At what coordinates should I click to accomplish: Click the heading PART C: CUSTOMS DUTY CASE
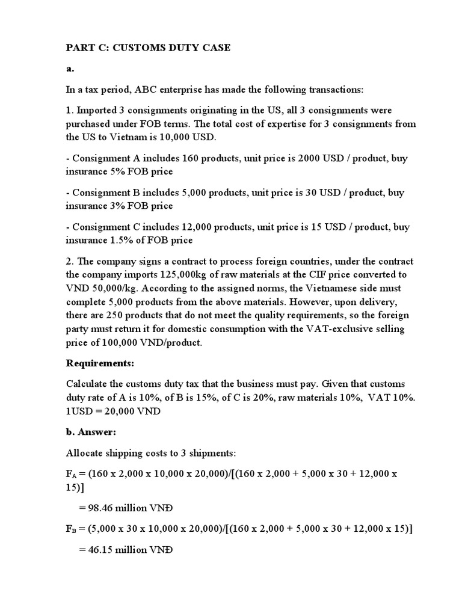148,48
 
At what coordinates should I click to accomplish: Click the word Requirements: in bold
97,364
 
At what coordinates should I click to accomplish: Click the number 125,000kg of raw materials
203,275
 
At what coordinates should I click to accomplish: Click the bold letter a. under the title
70,69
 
